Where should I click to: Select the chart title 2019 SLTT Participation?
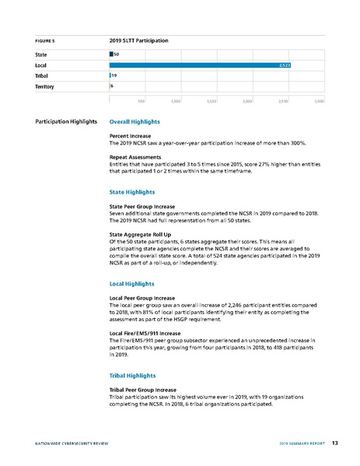[139, 39]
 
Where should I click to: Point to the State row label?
[42, 54]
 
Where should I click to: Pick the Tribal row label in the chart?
[43, 75]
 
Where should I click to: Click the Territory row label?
[45, 86]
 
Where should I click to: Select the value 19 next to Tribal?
[114, 75]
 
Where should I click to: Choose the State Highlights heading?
[132, 191]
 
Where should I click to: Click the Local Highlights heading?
[132, 285]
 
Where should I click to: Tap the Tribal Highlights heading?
[133, 376]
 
